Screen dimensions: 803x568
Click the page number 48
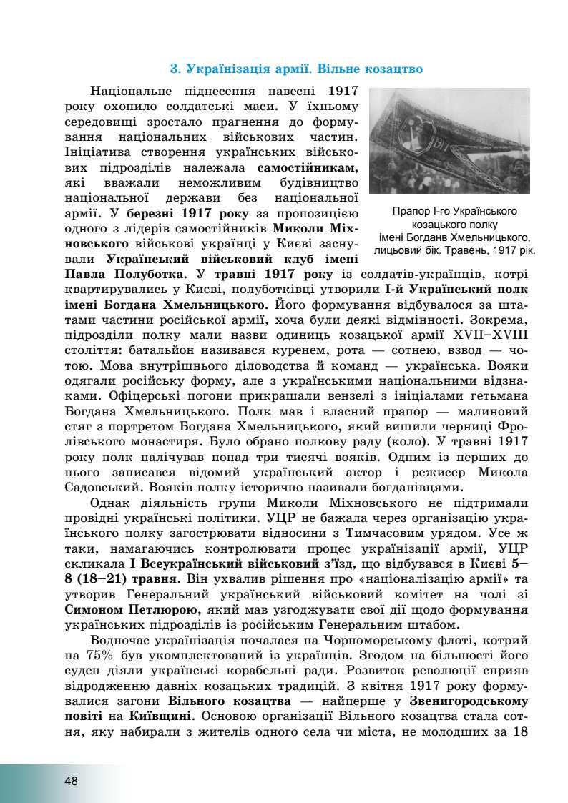point(70,781)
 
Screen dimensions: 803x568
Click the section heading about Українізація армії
point(296,69)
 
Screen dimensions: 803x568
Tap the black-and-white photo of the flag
point(449,142)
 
